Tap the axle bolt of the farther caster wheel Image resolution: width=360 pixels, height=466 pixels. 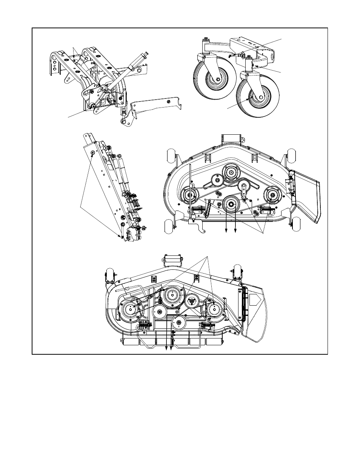(x=218, y=79)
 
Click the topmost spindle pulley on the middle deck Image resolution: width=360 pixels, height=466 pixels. (x=231, y=173)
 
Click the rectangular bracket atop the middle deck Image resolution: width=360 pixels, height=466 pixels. (x=231, y=138)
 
